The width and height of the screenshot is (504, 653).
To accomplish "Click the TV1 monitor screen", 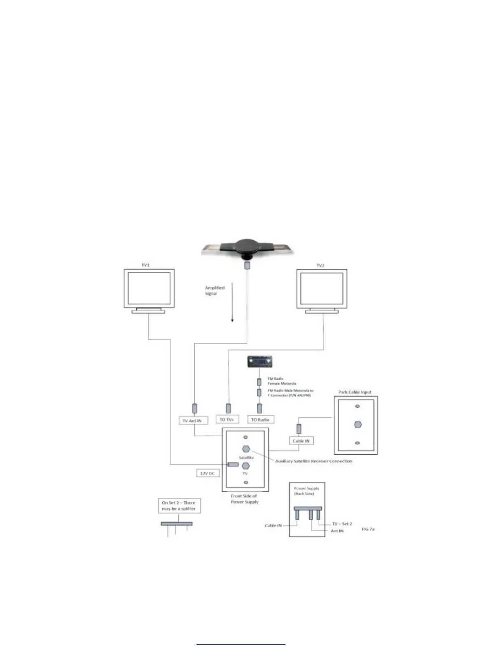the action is (x=149, y=288).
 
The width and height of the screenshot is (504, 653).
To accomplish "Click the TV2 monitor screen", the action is (x=322, y=288).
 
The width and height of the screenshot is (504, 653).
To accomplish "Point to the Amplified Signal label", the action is (x=215, y=291).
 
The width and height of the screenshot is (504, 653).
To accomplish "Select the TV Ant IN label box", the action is (x=192, y=420).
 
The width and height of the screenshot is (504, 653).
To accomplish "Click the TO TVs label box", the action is (x=226, y=419).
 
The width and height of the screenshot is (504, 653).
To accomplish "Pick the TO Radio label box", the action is (x=260, y=420).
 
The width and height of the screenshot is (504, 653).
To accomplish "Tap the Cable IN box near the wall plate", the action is (x=301, y=441).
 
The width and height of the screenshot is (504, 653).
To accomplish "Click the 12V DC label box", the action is (x=208, y=474).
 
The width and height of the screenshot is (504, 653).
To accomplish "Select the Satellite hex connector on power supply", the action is (x=246, y=449).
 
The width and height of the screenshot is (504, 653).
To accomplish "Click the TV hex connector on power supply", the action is (x=246, y=466).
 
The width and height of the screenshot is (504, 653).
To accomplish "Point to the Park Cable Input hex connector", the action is (x=358, y=425).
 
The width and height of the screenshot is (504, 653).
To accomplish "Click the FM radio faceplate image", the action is (x=259, y=362).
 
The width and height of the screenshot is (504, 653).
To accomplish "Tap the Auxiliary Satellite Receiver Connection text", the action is (x=314, y=461).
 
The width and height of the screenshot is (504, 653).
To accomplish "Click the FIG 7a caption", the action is (x=368, y=529).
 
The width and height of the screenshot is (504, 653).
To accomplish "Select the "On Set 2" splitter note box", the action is (x=179, y=506).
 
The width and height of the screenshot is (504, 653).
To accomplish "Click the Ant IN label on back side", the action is (x=337, y=531).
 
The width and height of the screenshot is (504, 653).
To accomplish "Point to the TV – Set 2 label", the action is (x=342, y=524).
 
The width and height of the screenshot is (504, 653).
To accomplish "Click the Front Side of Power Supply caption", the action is (x=245, y=499).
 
